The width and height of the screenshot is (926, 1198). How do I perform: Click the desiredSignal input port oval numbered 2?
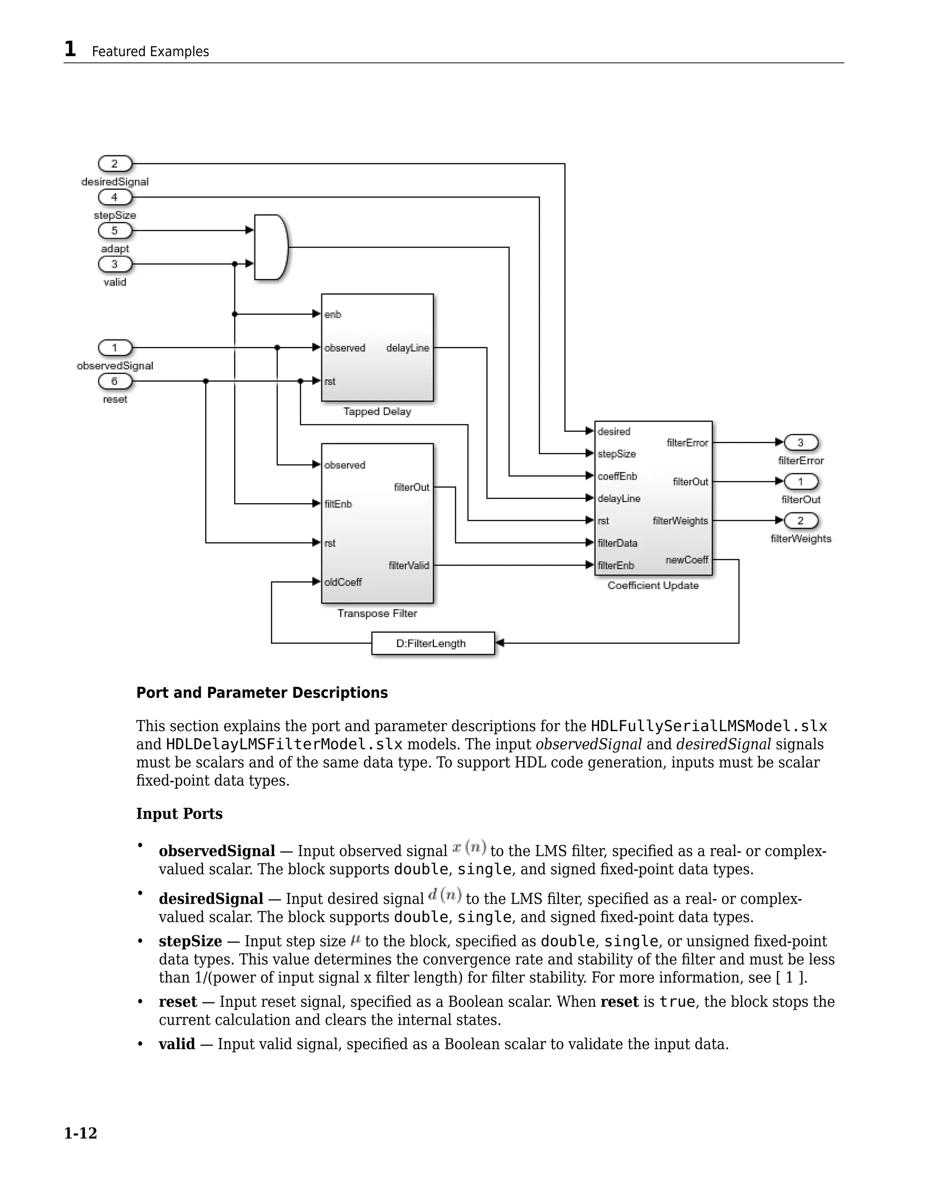point(115,164)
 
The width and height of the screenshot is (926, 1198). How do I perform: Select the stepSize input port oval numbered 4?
point(115,197)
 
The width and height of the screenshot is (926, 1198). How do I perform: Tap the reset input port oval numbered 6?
point(115,381)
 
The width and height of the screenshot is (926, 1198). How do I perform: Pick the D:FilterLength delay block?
point(432,643)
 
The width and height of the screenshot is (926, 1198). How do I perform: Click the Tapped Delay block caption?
point(377,411)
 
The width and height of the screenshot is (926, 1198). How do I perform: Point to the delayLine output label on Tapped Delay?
point(407,348)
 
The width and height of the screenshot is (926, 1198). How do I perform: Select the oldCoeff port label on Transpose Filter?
point(343,582)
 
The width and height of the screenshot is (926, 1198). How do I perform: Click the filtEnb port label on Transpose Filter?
point(338,504)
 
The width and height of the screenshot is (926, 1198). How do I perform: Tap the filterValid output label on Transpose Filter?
point(409,565)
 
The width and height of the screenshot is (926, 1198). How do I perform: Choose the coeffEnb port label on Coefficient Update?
point(617,476)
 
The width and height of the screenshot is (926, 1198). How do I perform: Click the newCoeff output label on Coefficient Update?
point(687,560)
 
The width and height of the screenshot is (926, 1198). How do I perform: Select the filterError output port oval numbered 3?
point(800,442)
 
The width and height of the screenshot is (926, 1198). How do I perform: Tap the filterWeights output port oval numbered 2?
point(800,520)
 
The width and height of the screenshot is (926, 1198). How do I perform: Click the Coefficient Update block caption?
point(653,585)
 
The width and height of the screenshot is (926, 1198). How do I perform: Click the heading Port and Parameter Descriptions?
point(262,693)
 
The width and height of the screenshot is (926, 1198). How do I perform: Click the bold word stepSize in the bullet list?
point(190,941)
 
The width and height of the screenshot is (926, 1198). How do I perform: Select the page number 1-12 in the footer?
point(80,1133)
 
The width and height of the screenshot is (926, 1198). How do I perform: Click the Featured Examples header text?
point(150,52)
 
